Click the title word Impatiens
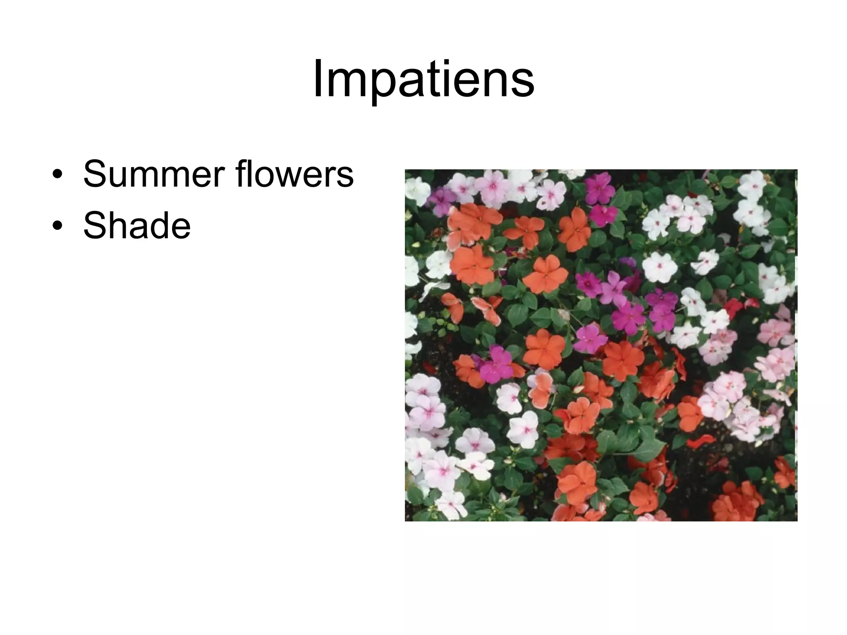pyautogui.click(x=423, y=79)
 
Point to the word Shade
pyautogui.click(x=137, y=226)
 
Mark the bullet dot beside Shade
pyautogui.click(x=58, y=227)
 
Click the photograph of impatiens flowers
pyautogui.click(x=601, y=345)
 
